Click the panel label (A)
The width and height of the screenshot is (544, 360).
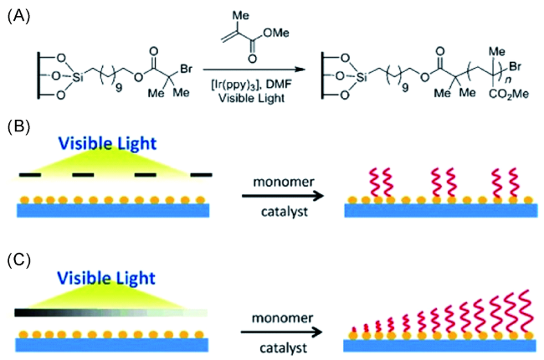click(x=18, y=14)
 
